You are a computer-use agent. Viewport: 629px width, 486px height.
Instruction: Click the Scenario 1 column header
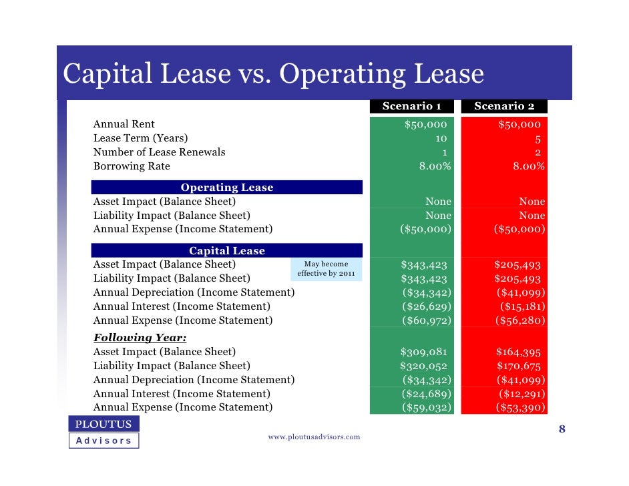click(411, 106)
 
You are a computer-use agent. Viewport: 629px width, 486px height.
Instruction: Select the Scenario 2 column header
click(504, 106)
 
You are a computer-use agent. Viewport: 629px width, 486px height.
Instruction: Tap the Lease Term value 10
click(441, 138)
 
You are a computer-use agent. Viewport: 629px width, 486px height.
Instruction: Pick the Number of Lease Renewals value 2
click(537, 152)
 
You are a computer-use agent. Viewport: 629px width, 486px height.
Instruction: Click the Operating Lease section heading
click(227, 188)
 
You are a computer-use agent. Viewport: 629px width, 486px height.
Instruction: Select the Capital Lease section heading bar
click(227, 251)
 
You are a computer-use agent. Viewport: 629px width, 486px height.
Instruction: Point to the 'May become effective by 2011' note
click(326, 269)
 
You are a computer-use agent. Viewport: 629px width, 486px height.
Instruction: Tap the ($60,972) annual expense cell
click(426, 320)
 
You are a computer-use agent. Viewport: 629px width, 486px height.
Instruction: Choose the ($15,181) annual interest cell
click(523, 306)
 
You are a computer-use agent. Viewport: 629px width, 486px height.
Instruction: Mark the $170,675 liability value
click(519, 366)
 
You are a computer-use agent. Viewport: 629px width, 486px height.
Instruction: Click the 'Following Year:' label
click(140, 337)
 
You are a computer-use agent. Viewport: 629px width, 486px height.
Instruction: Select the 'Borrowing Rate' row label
click(132, 166)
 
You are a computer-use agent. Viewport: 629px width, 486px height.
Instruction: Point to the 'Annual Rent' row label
click(124, 124)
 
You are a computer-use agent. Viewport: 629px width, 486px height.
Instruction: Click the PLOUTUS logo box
click(103, 424)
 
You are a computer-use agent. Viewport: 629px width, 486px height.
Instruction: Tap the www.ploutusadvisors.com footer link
click(314, 437)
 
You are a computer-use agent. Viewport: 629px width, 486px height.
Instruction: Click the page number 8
click(562, 429)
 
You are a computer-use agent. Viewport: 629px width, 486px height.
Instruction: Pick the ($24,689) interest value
click(426, 394)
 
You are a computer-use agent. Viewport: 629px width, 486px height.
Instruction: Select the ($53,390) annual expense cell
click(520, 408)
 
